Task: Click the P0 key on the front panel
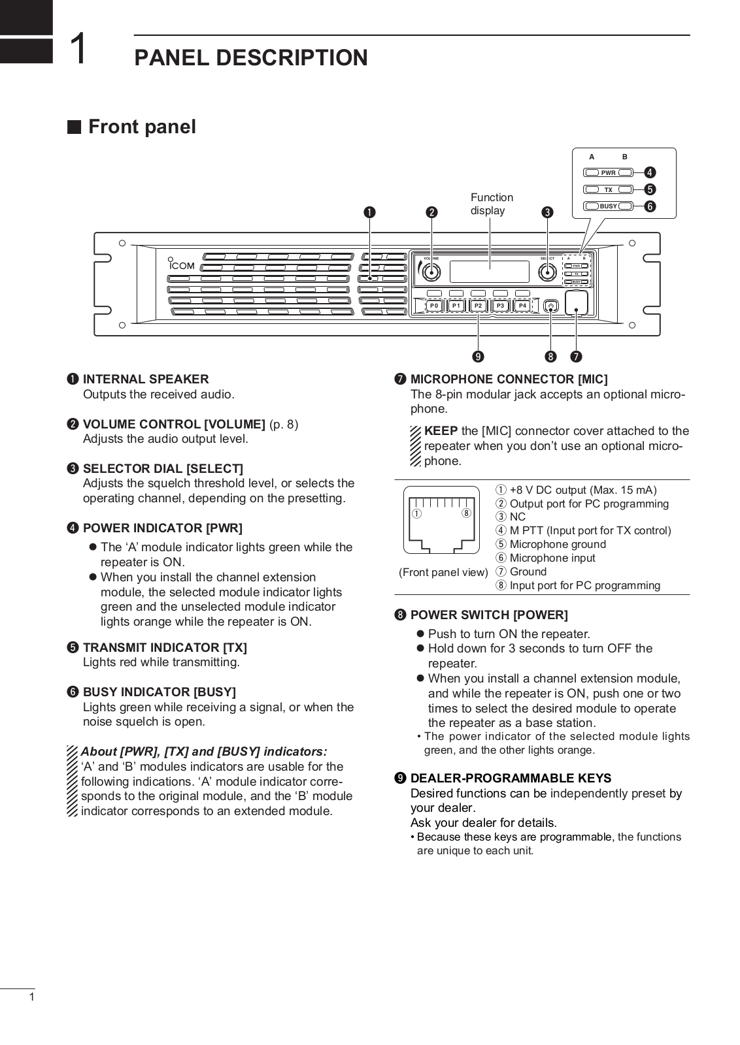[x=434, y=306]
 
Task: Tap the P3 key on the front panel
[x=501, y=306]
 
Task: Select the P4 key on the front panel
[x=522, y=306]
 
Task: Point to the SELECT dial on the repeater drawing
[x=548, y=272]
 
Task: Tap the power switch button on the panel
[x=551, y=305]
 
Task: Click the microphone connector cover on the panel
[x=577, y=303]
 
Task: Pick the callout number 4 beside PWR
[x=650, y=173]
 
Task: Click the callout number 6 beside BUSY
[x=650, y=206]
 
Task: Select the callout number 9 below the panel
[x=479, y=357]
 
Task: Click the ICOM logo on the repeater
[x=182, y=265]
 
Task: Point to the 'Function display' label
[x=492, y=204]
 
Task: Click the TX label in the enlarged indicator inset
[x=608, y=190]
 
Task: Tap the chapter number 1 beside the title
[x=78, y=50]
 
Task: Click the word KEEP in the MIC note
[x=441, y=431]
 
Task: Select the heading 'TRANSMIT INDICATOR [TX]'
[x=165, y=648]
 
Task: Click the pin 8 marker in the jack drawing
[x=466, y=513]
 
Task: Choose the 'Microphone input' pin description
[x=552, y=558]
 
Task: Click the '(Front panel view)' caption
[x=444, y=573]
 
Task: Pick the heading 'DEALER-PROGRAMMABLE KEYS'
[x=511, y=779]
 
